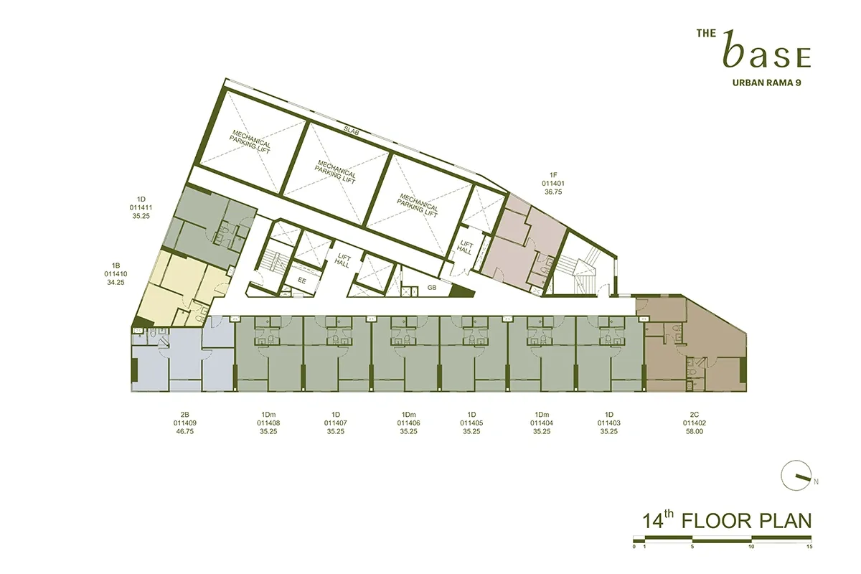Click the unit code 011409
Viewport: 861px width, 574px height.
(184, 423)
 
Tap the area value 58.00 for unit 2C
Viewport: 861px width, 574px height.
(694, 432)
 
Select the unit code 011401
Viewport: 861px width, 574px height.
(553, 183)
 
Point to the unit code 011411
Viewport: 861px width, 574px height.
(141, 207)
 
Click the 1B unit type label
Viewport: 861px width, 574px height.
(116, 265)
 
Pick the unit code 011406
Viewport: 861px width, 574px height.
(409, 423)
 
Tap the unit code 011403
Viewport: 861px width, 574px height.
(609, 423)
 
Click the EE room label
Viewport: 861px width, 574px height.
(302, 281)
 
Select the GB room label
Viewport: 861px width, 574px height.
(432, 288)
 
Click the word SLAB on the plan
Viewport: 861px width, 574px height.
(351, 130)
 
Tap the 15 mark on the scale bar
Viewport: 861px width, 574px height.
(809, 547)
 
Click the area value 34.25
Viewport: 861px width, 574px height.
(116, 282)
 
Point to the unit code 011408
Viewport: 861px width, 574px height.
(269, 423)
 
